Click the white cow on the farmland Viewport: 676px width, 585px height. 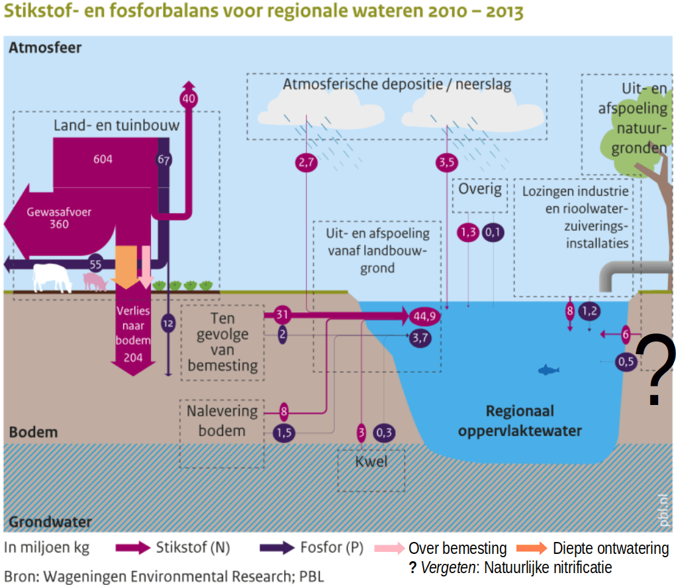point(52,278)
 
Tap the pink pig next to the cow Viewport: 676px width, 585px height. point(95,282)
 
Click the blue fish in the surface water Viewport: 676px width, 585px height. point(549,370)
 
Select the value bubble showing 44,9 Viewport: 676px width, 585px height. point(424,316)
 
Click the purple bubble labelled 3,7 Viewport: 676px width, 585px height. point(420,337)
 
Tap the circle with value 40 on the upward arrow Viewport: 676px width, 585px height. point(189,99)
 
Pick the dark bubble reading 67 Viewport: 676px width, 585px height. point(164,160)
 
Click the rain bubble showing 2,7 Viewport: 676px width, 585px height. point(306,162)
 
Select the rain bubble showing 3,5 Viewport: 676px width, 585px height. point(447,162)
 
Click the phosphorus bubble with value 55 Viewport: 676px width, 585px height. point(95,264)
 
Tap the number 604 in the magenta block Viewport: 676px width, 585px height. point(103,159)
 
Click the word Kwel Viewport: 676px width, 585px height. point(371,461)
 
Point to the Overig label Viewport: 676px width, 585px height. point(480,189)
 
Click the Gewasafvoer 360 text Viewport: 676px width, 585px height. point(59,218)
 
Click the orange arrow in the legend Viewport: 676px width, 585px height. point(532,548)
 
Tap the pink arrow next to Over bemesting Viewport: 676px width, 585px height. point(389,548)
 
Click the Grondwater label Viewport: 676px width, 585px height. point(50,521)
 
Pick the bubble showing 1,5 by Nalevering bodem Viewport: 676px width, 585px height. point(283,433)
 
